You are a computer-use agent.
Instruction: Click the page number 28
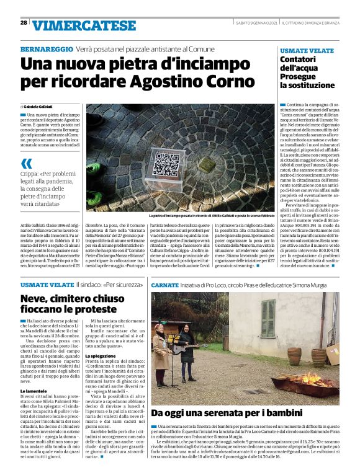coord(24,22)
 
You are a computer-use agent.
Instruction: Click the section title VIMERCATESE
coord(84,25)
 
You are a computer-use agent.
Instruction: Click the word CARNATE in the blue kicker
coord(166,284)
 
